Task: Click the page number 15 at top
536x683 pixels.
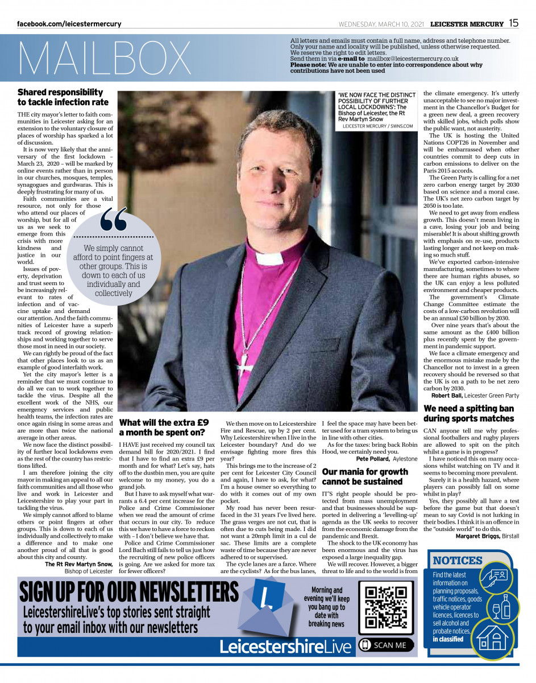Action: tap(513, 23)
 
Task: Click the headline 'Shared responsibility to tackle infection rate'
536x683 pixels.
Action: tap(63, 97)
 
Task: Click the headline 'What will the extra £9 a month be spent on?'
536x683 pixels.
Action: tap(164, 427)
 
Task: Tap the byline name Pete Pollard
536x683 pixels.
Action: tap(373, 458)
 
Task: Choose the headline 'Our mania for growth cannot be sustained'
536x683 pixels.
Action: tap(365, 476)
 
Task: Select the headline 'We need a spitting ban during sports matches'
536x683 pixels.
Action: tap(469, 414)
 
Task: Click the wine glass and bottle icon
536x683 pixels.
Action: tap(502, 607)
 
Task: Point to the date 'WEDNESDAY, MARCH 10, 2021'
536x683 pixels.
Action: tap(382, 24)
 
